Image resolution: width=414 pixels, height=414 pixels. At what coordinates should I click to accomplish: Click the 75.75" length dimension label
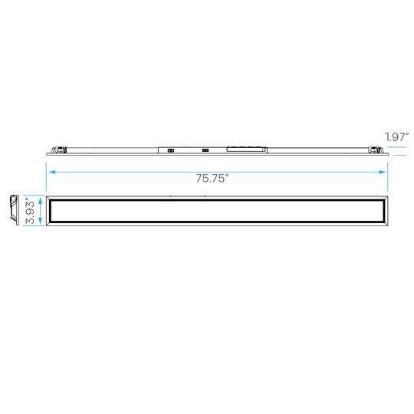(212, 178)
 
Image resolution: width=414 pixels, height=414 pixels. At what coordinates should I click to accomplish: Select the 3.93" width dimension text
(30, 212)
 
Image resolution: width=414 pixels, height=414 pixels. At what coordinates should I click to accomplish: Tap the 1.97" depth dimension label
(397, 136)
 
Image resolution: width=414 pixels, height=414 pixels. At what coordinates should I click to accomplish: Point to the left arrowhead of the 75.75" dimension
(52, 172)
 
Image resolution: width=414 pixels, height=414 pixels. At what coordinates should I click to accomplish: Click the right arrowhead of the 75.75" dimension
(383, 172)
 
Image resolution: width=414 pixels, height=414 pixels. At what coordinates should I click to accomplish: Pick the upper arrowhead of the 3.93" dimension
(41, 201)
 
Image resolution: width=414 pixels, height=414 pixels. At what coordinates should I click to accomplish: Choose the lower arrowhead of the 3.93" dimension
(41, 221)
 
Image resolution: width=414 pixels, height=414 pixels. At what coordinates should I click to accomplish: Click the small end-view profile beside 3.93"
(15, 210)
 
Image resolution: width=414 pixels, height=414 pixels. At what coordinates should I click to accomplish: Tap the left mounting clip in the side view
(59, 150)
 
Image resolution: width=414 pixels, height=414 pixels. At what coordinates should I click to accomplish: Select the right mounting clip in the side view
(376, 150)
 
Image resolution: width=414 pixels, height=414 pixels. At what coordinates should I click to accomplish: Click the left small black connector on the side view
(171, 150)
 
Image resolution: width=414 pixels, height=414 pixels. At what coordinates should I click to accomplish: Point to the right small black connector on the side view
(205, 150)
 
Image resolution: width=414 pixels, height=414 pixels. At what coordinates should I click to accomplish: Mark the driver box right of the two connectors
(246, 149)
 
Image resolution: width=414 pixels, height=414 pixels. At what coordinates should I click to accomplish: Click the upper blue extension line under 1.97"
(397, 147)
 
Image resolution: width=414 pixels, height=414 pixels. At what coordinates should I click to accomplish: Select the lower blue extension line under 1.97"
(399, 155)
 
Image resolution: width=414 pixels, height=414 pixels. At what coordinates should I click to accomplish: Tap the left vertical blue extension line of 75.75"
(46, 177)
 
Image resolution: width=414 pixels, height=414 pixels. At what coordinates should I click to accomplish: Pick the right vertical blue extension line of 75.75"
(388, 177)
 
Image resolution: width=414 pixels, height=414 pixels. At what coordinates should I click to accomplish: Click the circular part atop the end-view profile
(13, 199)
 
